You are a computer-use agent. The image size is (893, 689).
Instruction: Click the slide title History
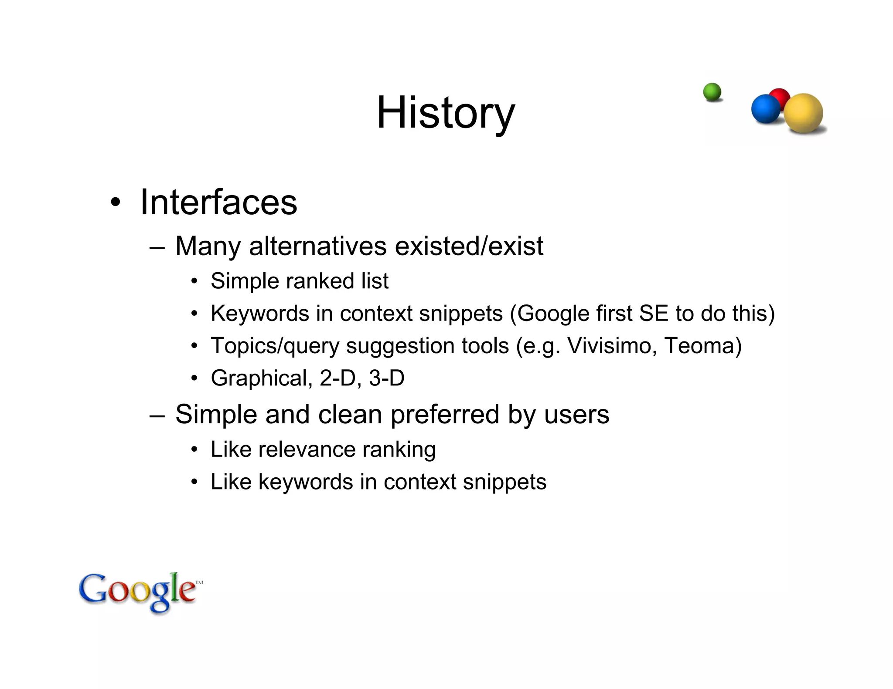tap(446, 113)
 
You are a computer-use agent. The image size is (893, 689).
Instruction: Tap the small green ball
tap(712, 92)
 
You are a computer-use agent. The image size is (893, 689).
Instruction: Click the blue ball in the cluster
tap(765, 108)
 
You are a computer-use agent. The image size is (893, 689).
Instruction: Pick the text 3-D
tap(386, 378)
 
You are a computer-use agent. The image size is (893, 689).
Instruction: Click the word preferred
tap(444, 414)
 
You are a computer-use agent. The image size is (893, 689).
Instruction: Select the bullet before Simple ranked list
tap(194, 281)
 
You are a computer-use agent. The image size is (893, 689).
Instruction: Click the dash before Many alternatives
tap(157, 247)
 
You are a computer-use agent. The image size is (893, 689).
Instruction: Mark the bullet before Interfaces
tap(115, 203)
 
